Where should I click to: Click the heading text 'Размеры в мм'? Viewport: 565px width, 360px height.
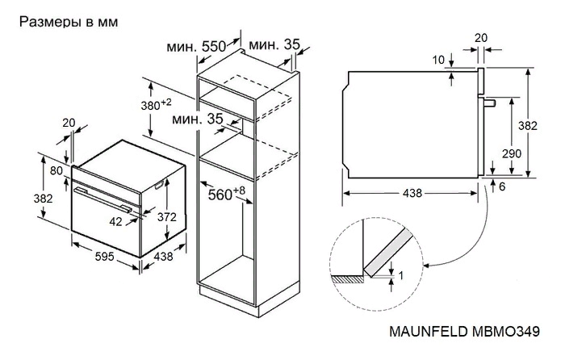68,22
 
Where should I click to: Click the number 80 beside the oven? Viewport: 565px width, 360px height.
56,170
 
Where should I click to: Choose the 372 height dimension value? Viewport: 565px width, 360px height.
167,216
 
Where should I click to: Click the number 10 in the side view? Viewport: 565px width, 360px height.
437,60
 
